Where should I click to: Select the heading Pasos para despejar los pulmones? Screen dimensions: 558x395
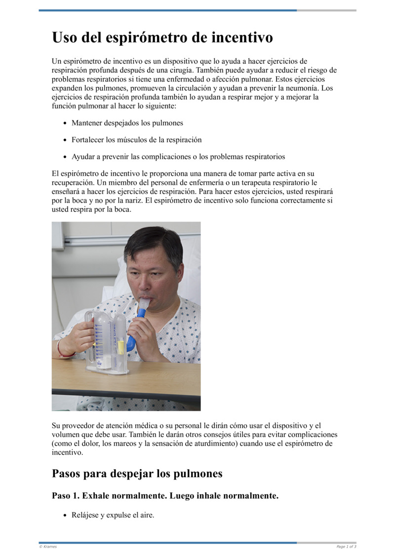(x=137, y=474)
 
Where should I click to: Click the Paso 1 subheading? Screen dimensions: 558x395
(x=165, y=495)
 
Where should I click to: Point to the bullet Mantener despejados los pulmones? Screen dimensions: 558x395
(x=127, y=122)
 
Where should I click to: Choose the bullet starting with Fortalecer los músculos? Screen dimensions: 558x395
(x=136, y=140)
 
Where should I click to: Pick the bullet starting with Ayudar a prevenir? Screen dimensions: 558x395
(x=178, y=157)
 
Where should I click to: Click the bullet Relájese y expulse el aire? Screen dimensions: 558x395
(x=113, y=515)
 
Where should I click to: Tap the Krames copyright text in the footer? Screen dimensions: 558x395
(x=48, y=547)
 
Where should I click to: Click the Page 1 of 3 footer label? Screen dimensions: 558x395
(x=346, y=547)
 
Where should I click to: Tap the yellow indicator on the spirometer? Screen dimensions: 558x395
(x=121, y=347)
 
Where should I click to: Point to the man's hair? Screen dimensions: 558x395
(x=153, y=242)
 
